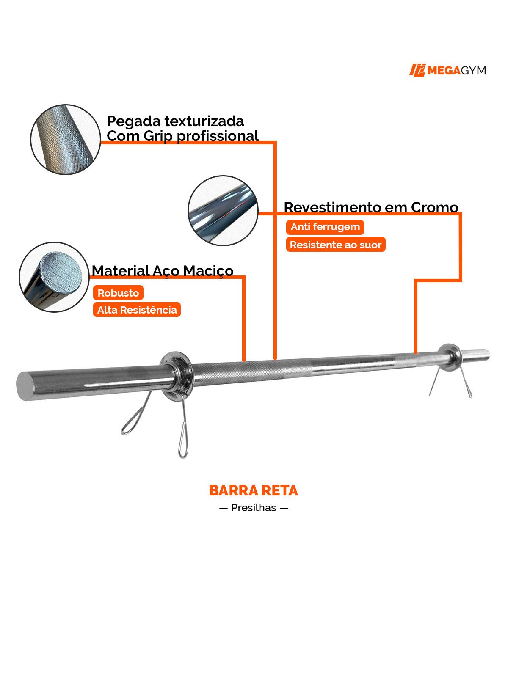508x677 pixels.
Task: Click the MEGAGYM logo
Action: click(447, 70)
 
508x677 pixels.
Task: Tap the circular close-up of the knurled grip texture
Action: click(66, 139)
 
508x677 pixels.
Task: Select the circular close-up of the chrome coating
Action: click(223, 210)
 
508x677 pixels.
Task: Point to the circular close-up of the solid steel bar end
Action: click(54, 277)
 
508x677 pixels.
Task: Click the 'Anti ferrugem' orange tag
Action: click(325, 227)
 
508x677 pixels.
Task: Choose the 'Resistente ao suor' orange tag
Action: click(335, 245)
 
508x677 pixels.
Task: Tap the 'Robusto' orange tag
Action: click(118, 293)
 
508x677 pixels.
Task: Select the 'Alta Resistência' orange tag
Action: click(137, 310)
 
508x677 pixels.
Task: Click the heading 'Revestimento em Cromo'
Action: click(371, 207)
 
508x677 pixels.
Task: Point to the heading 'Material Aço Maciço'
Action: click(163, 270)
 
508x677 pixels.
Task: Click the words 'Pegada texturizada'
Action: click(175, 121)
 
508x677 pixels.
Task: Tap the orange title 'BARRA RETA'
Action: click(253, 490)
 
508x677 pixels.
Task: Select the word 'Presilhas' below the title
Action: click(254, 507)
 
